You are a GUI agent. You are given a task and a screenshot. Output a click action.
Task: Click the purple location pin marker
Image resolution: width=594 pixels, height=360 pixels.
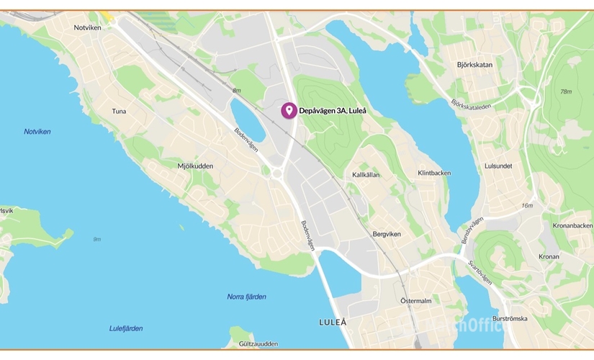pyautogui.click(x=289, y=110)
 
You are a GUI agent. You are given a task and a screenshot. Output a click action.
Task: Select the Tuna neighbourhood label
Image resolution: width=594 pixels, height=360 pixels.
pyautogui.click(x=120, y=112)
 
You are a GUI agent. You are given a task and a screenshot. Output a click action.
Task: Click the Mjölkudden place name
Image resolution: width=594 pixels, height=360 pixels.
pyautogui.click(x=195, y=166)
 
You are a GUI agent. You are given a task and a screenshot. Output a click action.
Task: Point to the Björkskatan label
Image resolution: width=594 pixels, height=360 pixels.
pyautogui.click(x=474, y=65)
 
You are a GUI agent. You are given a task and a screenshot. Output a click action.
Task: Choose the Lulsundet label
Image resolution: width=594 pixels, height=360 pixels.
pyautogui.click(x=498, y=166)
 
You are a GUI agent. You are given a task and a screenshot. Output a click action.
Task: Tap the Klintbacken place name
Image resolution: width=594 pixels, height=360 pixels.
pyautogui.click(x=434, y=174)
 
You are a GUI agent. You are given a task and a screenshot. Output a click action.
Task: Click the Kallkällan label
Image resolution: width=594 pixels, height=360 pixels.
pyautogui.click(x=366, y=175)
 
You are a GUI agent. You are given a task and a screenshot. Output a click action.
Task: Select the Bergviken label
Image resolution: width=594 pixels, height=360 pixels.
pyautogui.click(x=387, y=234)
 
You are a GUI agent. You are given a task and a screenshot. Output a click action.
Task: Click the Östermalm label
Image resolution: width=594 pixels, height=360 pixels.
pyautogui.click(x=415, y=300)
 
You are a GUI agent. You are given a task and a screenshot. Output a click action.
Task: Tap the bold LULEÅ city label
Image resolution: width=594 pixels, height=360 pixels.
pyautogui.click(x=332, y=322)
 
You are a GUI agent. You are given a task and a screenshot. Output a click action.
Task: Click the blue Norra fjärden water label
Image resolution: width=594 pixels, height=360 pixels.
pyautogui.click(x=246, y=297)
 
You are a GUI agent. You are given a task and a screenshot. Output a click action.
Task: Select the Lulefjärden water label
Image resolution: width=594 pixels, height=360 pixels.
pyautogui.click(x=126, y=328)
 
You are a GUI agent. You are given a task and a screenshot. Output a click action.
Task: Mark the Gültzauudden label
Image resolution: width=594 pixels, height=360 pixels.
pyautogui.click(x=253, y=344)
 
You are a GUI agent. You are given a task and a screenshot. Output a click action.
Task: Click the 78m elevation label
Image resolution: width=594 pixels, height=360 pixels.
pyautogui.click(x=565, y=91)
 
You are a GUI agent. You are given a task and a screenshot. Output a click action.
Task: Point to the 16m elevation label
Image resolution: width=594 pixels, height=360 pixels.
pyautogui.click(x=528, y=206)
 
